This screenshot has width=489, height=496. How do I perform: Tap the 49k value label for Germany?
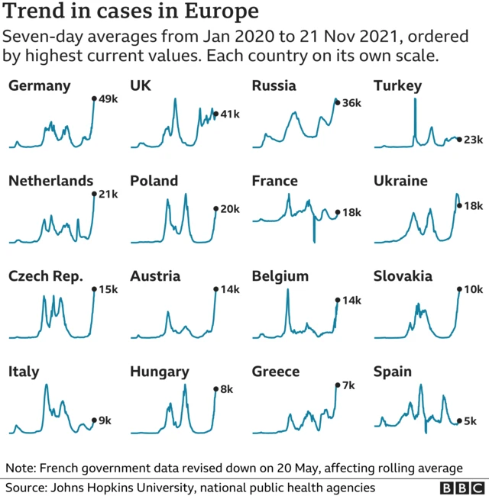click(x=107, y=98)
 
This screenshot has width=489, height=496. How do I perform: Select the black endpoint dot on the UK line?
click(x=215, y=114)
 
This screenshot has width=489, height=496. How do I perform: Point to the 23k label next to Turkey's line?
click(x=474, y=140)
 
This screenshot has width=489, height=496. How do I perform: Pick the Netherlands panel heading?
click(x=50, y=181)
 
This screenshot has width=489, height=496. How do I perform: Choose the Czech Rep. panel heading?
click(x=46, y=276)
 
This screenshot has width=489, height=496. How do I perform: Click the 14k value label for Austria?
click(x=229, y=289)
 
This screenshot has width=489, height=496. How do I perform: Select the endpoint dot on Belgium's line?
click(x=337, y=301)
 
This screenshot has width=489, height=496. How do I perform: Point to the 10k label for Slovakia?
click(x=474, y=289)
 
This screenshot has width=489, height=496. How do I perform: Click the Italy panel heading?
click(x=24, y=372)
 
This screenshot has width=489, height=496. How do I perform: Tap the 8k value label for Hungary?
click(x=227, y=389)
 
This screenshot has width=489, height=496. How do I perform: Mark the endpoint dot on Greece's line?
click(x=337, y=385)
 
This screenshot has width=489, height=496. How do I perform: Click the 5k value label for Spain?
click(x=471, y=420)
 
